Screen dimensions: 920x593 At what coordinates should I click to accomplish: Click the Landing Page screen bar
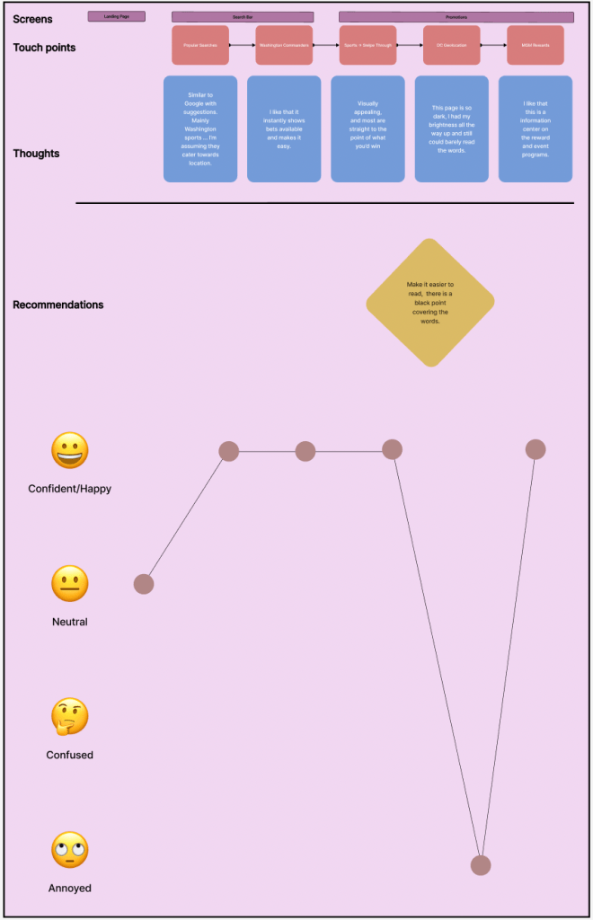click(x=117, y=16)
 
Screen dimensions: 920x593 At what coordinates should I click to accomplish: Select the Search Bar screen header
click(x=243, y=17)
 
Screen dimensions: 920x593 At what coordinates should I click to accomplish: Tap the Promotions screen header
click(x=456, y=17)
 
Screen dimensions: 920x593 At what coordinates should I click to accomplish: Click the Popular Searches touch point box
click(x=200, y=45)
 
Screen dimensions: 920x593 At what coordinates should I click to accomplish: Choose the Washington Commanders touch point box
click(x=284, y=45)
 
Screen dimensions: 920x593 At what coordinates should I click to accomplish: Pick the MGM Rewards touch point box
click(x=535, y=45)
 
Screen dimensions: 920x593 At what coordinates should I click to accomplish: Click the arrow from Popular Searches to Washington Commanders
click(x=243, y=45)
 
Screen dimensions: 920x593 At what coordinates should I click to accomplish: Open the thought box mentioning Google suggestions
click(x=200, y=128)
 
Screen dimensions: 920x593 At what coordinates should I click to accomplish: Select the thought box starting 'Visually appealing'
click(x=367, y=128)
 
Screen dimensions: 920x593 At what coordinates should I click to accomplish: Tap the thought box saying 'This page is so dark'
click(x=451, y=128)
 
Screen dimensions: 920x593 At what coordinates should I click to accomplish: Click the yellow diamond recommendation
click(x=430, y=303)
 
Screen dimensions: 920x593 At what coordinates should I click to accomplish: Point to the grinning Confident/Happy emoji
click(x=70, y=451)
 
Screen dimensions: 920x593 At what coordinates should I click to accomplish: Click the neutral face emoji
click(x=70, y=584)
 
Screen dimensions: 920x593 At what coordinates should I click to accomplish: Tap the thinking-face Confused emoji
click(x=70, y=717)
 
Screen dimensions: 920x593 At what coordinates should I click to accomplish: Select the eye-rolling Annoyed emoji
click(x=70, y=850)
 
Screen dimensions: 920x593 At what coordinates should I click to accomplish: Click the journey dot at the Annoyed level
click(x=481, y=865)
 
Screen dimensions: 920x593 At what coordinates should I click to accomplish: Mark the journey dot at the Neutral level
click(x=144, y=584)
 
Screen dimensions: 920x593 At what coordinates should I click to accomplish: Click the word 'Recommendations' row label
click(x=58, y=305)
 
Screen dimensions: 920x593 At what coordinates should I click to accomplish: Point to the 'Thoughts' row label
click(x=36, y=154)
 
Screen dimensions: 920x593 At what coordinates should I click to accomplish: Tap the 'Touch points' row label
click(x=44, y=48)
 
